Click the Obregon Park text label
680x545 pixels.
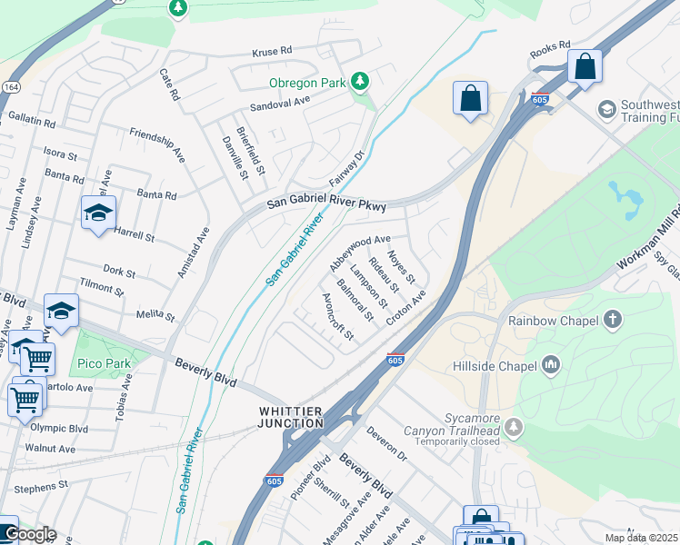307,83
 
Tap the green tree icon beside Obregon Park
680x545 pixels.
361,83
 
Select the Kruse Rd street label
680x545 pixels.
273,51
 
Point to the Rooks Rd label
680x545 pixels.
550,47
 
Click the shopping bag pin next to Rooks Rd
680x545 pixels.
585,66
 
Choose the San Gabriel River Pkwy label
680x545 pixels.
326,206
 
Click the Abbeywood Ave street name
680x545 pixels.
360,253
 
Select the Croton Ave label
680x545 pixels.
405,309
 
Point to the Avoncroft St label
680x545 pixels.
337,317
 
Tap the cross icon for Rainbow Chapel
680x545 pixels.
613,320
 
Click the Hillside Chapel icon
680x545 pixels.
550,365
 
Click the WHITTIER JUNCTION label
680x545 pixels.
285,418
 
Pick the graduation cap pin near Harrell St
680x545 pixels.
98,213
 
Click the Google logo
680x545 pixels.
29,534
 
